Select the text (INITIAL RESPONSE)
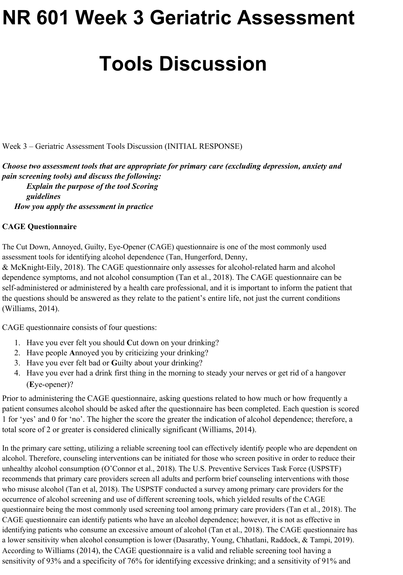[203, 146]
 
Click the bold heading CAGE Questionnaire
[39, 227]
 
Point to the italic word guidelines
[44, 196]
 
